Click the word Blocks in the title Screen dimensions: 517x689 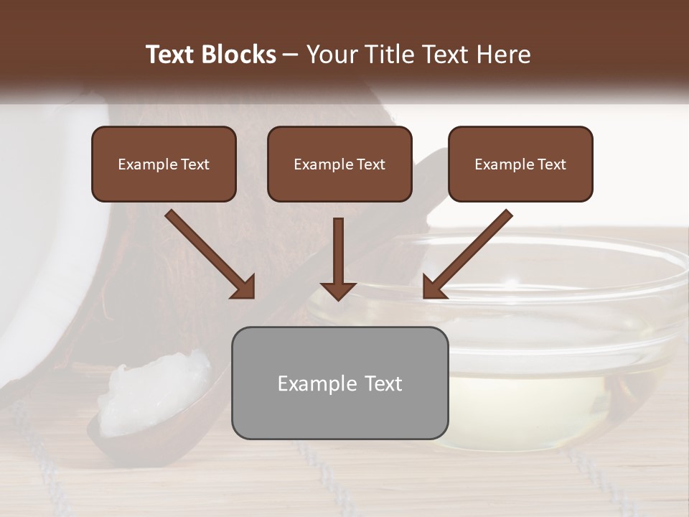[240, 55]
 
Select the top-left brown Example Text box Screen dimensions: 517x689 [164, 164]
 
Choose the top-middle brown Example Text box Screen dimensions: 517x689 [339, 164]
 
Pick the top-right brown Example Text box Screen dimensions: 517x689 [520, 164]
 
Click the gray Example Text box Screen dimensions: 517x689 [339, 383]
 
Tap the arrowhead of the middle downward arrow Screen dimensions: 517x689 [338, 290]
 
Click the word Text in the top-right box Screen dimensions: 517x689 [551, 164]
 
